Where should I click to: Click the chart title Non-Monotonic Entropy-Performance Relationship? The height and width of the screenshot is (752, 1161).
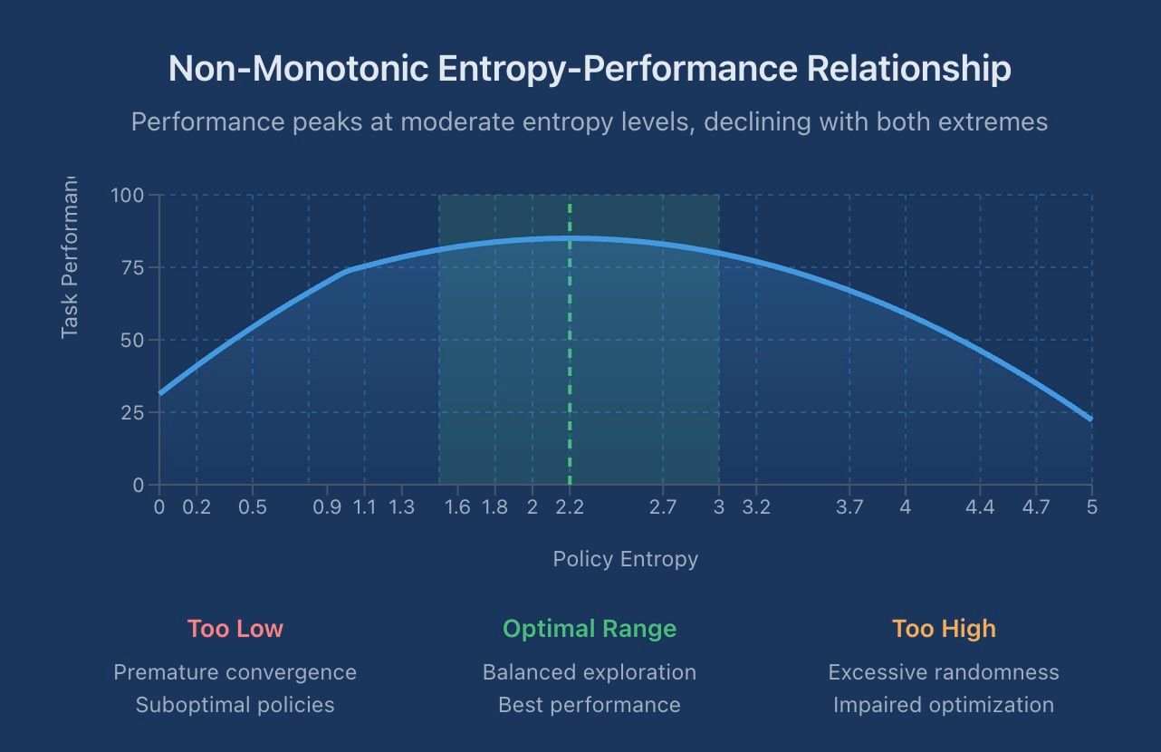click(x=590, y=70)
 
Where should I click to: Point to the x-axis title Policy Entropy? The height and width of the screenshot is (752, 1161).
click(x=625, y=559)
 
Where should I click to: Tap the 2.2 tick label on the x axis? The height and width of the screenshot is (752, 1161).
click(x=570, y=507)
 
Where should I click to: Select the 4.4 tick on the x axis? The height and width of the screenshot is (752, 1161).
click(x=980, y=507)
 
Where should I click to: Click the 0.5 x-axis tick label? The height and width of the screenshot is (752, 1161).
click(x=253, y=507)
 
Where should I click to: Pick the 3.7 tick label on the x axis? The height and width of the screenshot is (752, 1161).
click(x=849, y=507)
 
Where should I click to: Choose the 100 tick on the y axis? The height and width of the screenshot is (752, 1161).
click(x=128, y=195)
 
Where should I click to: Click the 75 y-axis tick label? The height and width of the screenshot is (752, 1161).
click(x=132, y=267)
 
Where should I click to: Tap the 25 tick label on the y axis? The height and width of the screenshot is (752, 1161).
click(x=132, y=412)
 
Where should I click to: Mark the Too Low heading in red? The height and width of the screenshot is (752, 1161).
click(x=235, y=629)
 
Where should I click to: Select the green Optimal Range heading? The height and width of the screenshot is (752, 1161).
click(x=590, y=629)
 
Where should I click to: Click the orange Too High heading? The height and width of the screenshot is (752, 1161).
click(x=944, y=629)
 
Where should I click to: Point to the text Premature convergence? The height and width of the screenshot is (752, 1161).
click(x=235, y=672)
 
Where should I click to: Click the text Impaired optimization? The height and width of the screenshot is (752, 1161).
click(x=944, y=705)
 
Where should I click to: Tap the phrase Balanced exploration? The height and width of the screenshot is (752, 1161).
click(x=590, y=672)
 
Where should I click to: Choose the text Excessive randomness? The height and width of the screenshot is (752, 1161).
click(x=944, y=672)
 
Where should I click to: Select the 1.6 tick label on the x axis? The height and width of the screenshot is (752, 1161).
click(x=458, y=507)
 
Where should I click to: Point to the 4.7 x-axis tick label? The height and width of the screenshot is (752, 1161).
click(x=1036, y=507)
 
